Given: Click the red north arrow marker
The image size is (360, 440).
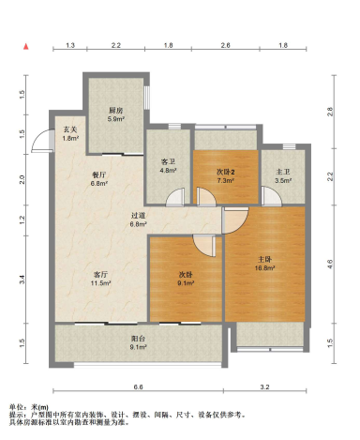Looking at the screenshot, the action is click(x=26, y=47).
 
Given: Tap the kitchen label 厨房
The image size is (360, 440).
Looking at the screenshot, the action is click(x=115, y=111).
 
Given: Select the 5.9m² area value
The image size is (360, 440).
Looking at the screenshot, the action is click(x=116, y=119).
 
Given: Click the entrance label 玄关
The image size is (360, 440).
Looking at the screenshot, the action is click(x=70, y=129).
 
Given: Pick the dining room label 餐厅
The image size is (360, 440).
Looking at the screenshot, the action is click(x=99, y=174).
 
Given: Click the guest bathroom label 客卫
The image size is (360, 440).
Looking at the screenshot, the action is click(x=168, y=161).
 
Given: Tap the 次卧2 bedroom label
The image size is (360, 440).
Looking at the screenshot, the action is click(x=226, y=172).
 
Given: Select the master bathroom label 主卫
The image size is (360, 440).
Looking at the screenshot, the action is click(x=283, y=172).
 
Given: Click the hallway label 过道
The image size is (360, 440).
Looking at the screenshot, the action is click(x=138, y=216).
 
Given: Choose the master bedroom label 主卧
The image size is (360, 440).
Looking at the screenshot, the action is click(x=264, y=259).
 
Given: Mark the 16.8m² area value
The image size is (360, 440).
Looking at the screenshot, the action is click(x=264, y=268).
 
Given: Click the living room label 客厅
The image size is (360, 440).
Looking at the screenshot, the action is click(x=101, y=275).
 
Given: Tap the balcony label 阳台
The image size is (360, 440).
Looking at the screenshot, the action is click(x=138, y=339).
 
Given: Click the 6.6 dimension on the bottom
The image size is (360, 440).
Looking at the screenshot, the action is click(x=139, y=387).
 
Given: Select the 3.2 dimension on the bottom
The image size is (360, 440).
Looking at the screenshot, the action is click(x=264, y=387).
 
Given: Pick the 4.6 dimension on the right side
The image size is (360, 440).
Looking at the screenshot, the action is click(x=330, y=264).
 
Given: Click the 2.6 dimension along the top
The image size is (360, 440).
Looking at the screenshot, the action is click(x=225, y=45).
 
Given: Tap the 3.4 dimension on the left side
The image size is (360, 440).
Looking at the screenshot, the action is click(x=22, y=280).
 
